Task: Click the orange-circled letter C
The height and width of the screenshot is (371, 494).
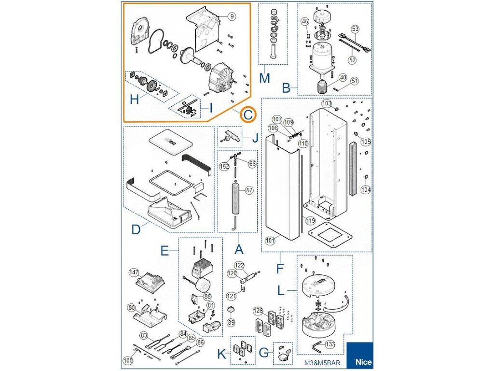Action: [247, 114]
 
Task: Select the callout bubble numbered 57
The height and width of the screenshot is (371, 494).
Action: [249, 190]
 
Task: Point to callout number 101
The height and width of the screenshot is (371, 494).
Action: [270, 240]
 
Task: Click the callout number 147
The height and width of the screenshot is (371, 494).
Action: [134, 273]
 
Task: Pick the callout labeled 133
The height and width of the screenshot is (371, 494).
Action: [330, 344]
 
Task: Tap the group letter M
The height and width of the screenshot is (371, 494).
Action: [264, 77]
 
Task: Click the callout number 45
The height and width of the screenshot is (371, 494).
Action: [304, 21]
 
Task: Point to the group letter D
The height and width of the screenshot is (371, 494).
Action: [136, 230]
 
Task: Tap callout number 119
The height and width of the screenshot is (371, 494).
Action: [310, 221]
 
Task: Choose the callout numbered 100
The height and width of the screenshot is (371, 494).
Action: [128, 360]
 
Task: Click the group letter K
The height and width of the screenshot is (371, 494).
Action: [221, 354]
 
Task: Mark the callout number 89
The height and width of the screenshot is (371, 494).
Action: [231, 322]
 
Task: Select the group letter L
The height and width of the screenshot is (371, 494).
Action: [281, 291]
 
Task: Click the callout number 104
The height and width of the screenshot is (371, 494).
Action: [366, 190]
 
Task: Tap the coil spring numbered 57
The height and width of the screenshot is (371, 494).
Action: [237, 198]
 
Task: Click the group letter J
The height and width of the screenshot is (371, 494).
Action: [255, 138]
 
